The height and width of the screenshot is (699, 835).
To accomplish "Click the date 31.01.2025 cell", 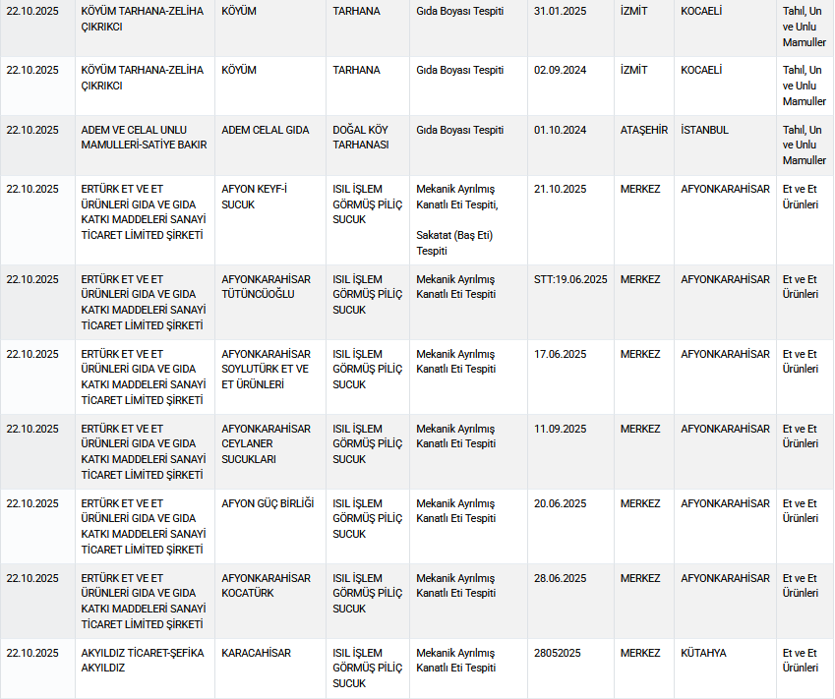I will coord(560,12).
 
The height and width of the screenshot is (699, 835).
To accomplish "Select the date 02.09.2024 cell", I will coord(560,71).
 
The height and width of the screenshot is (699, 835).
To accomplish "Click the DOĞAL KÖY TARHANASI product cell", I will coord(361,137).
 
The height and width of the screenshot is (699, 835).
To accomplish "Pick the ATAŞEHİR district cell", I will coord(643,130).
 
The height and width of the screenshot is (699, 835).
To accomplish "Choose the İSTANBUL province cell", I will coord(704,130).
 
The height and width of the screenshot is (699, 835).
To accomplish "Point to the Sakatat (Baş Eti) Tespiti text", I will coord(453,243).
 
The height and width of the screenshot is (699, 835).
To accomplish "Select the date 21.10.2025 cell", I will coord(560,189).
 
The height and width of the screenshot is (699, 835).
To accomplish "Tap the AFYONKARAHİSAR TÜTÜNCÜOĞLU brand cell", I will coord(266,286).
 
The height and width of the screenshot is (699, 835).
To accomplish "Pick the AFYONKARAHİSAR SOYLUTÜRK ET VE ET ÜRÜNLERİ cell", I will coord(266,369).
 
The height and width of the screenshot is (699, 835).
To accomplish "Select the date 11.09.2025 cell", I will coord(560,429).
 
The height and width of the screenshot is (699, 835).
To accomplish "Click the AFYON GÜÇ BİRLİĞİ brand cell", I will coord(268,503).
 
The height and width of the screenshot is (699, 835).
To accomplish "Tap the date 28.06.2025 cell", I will coord(560,578).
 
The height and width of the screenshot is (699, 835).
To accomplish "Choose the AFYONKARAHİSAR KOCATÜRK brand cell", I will coord(266,585).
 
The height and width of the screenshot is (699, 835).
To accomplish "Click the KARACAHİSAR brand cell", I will coord(256,653).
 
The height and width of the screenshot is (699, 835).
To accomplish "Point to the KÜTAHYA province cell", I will coord(703,653).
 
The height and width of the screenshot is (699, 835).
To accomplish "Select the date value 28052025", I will coord(558,653).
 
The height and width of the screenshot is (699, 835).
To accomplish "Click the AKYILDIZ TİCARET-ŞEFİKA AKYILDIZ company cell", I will coord(142,660).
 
